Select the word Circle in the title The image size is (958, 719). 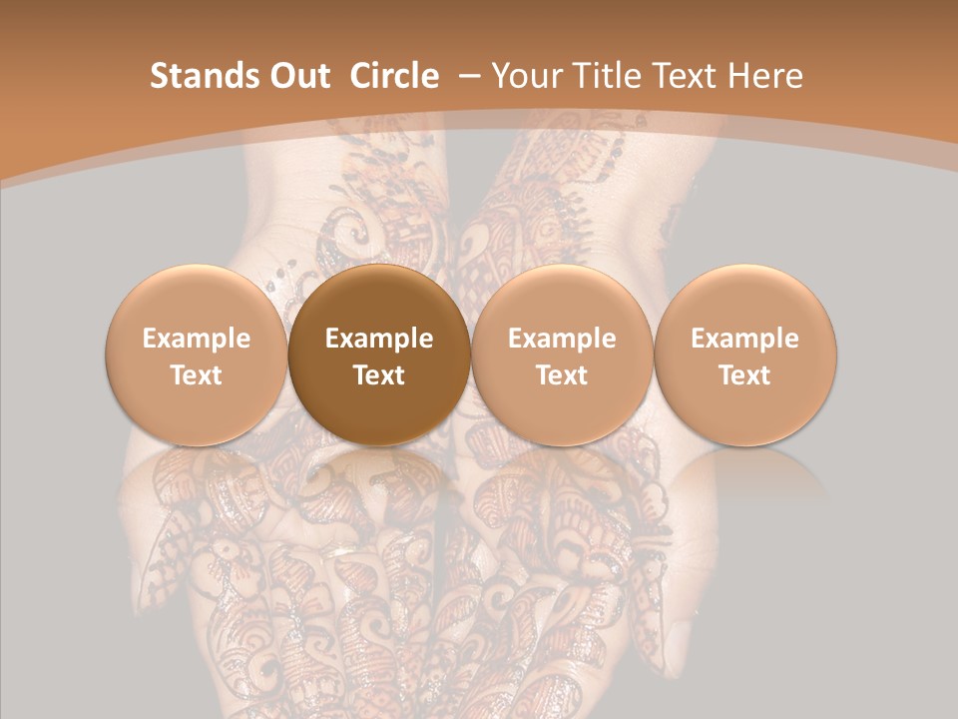pos(394,76)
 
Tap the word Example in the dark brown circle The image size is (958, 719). pos(379,339)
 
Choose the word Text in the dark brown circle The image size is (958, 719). pos(379,375)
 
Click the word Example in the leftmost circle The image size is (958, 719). pos(197,339)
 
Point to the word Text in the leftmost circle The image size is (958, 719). pos(197,375)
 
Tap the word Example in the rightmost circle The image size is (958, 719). pos(745,339)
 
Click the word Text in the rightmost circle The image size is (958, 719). pos(745,375)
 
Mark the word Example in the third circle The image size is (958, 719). pos(562,339)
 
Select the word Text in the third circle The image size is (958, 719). pos(562,375)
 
